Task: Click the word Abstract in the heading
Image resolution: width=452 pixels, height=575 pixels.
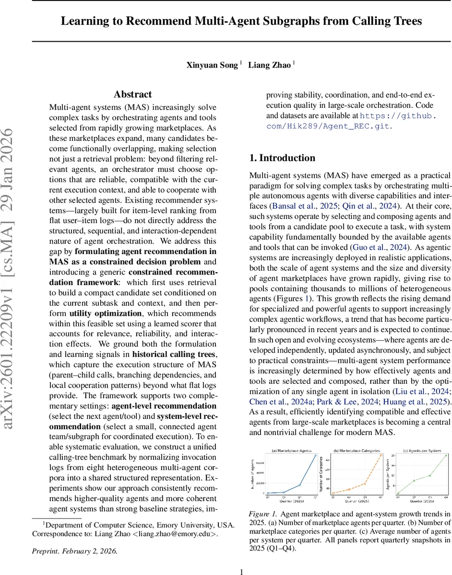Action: [x=132, y=94]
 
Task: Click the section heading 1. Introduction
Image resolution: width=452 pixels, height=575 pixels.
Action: [x=282, y=158]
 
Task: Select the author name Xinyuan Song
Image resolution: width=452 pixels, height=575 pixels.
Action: [x=212, y=65]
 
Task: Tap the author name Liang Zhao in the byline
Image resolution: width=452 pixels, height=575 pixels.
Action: [x=269, y=65]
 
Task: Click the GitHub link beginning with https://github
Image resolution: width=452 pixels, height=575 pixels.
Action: [x=398, y=115]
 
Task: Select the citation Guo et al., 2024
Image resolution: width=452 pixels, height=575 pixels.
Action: [x=380, y=247]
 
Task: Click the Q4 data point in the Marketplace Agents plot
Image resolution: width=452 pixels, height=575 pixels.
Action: [x=315, y=455]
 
